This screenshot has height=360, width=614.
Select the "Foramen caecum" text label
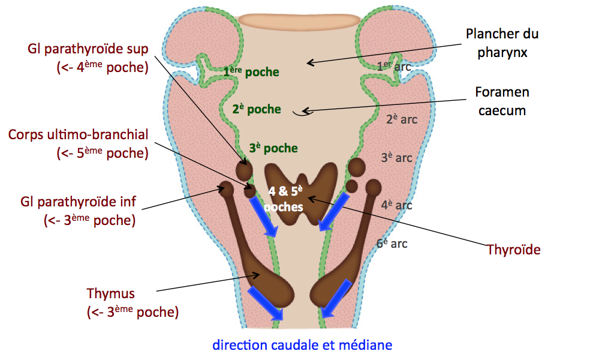[x=502, y=101]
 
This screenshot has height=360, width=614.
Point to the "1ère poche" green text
[x=251, y=72]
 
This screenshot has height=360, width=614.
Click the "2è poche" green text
[x=257, y=109]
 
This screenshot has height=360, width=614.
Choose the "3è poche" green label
[x=273, y=148]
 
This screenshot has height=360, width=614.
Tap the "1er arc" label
[x=394, y=67]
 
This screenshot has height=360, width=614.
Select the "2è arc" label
[x=402, y=119]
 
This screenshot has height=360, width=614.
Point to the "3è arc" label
[x=397, y=158]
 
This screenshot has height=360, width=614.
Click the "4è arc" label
[x=397, y=205]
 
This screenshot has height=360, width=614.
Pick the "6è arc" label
[x=392, y=243]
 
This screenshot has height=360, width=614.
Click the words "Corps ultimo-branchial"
[x=78, y=133]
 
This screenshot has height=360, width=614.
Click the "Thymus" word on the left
[x=111, y=293]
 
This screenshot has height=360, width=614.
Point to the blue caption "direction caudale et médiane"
[x=302, y=345]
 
